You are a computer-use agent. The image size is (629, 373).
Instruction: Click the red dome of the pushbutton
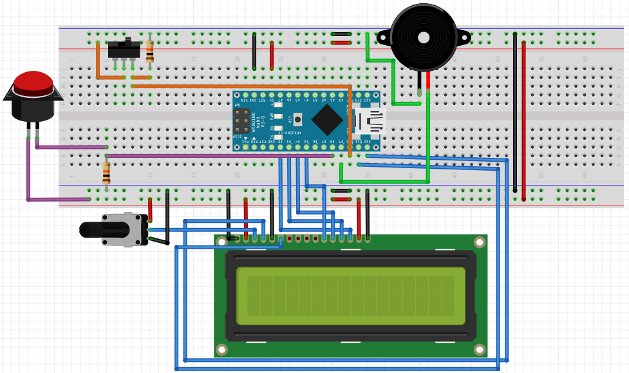pyautogui.click(x=33, y=82)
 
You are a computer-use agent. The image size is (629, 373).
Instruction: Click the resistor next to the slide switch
pyautogui.click(x=150, y=51)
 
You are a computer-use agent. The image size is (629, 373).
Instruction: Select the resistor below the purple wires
pyautogui.click(x=107, y=172)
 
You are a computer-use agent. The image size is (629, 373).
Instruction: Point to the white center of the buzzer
pyautogui.click(x=423, y=37)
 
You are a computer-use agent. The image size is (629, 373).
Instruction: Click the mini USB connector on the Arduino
pyautogui.click(x=370, y=120)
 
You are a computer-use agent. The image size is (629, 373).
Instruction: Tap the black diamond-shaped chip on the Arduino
pyautogui.click(x=328, y=120)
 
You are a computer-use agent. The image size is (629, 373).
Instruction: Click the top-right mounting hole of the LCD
pyautogui.click(x=479, y=242)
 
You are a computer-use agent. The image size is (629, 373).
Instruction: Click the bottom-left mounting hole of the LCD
pyautogui.click(x=222, y=349)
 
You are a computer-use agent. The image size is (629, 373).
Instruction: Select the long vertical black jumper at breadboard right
pyautogui.click(x=514, y=113)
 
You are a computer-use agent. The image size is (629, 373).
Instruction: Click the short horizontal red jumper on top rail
pyautogui.click(x=341, y=43)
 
